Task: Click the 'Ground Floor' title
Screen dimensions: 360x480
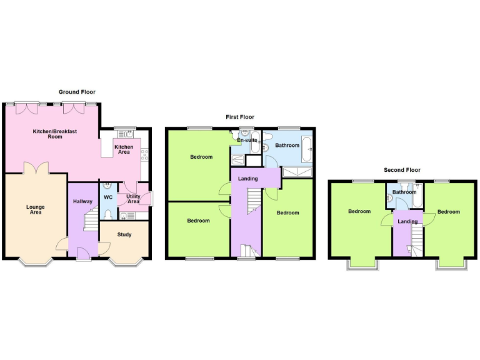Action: tap(77, 92)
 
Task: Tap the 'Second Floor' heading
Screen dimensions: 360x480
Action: tap(402, 170)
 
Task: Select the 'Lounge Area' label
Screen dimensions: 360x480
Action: tap(35, 209)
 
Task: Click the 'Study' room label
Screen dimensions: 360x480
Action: tap(124, 235)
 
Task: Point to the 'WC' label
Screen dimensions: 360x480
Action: tap(107, 197)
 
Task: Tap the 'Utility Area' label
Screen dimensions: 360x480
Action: tap(133, 199)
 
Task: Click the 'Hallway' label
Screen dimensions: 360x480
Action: tap(82, 201)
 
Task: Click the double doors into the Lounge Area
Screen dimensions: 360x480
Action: tap(35, 168)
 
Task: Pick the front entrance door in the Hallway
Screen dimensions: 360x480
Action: tap(81, 252)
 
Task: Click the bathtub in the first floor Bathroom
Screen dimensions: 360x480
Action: tap(307, 149)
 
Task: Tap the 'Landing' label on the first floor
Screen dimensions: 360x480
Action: tap(247, 179)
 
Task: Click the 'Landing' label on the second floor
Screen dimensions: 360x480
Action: tap(407, 221)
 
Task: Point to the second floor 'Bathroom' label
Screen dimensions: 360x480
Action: tap(404, 192)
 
